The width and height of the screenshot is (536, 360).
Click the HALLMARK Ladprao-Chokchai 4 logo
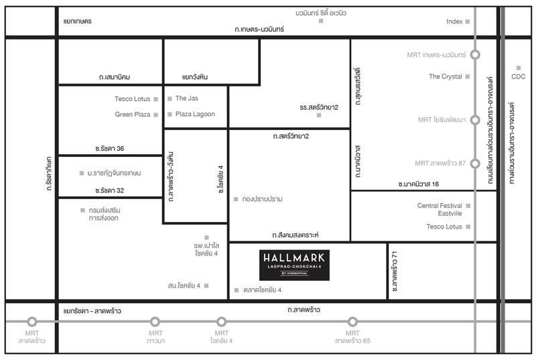[x=294, y=265]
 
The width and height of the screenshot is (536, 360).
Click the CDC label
[x=518, y=76]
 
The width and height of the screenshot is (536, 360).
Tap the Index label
[x=454, y=21]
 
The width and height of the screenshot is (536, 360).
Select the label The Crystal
[x=446, y=76]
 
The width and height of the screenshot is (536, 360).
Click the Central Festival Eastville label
[x=440, y=209]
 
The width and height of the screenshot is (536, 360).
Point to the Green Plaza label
[x=133, y=115]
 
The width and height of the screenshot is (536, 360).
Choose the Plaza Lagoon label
[x=195, y=114]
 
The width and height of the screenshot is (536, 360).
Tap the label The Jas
[x=187, y=99]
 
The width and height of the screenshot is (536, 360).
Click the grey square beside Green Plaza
[x=156, y=115]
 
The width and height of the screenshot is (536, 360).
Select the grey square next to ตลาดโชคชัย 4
[x=237, y=290]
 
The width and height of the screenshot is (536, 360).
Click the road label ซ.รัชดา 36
[x=109, y=148]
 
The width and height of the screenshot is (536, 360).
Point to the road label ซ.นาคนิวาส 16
[x=418, y=184]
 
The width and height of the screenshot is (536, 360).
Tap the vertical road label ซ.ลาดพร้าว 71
[x=395, y=272]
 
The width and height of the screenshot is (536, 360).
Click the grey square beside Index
[x=468, y=21]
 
